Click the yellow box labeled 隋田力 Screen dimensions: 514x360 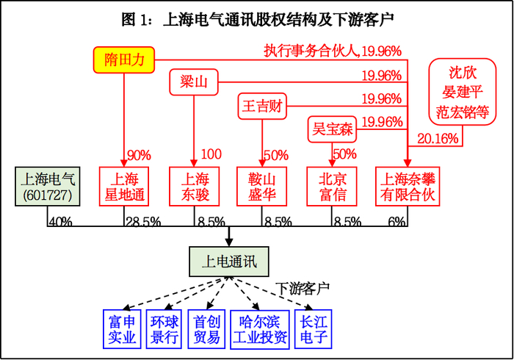(x=123, y=60)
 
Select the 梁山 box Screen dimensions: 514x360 (x=195, y=82)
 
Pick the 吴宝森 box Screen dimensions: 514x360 (x=331, y=129)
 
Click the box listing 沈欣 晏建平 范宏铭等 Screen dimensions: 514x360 (x=462, y=93)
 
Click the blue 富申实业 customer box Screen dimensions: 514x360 (x=121, y=329)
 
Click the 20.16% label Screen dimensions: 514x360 (x=438, y=138)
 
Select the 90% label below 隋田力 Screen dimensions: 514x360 (x=139, y=155)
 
